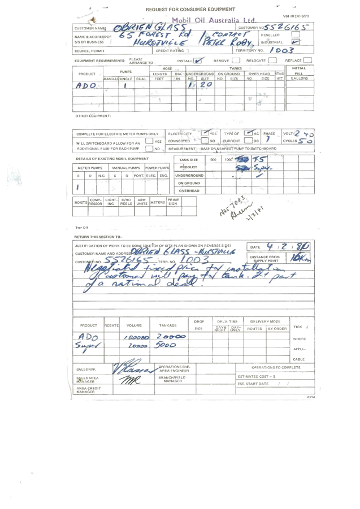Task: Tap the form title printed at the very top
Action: coord(190,10)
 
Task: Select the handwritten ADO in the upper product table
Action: coord(86,85)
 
